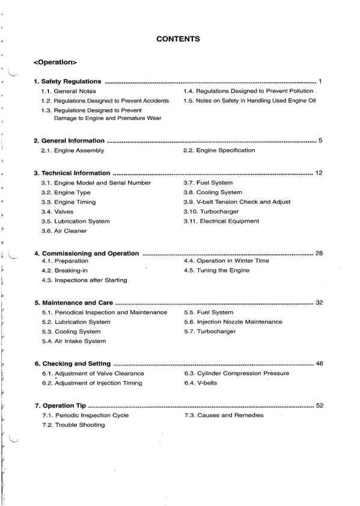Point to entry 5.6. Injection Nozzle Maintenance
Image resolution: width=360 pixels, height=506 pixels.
(233, 322)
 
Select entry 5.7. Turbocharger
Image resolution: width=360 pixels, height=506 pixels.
(210, 332)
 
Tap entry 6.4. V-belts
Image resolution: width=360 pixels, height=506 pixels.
(203, 383)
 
